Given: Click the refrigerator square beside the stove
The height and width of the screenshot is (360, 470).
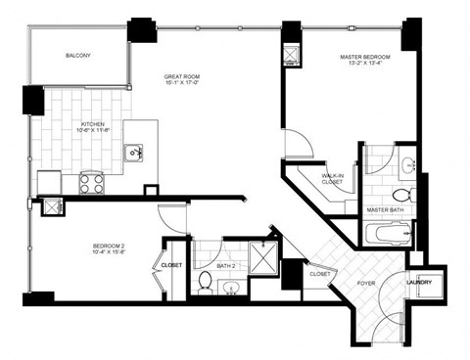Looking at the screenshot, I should pos(50,181).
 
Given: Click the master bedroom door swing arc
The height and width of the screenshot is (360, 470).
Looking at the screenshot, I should pos(300,147).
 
